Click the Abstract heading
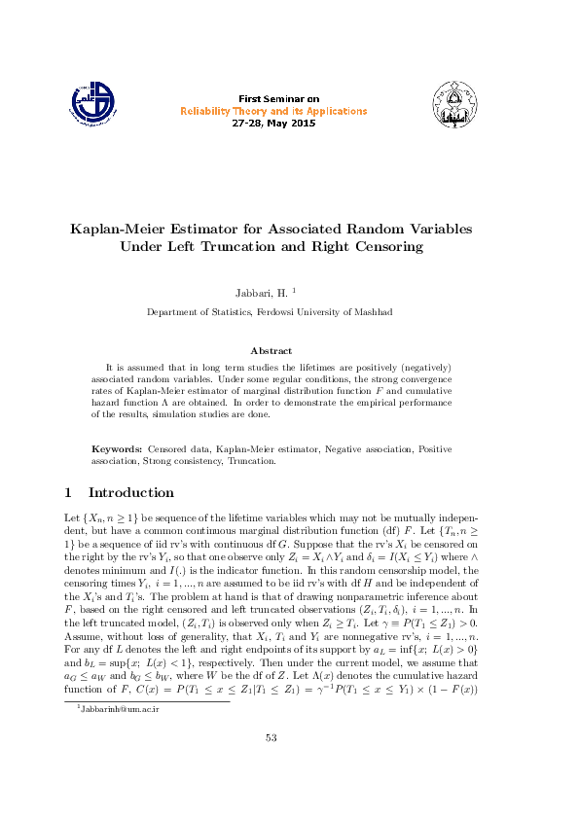pyautogui.click(x=271, y=350)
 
